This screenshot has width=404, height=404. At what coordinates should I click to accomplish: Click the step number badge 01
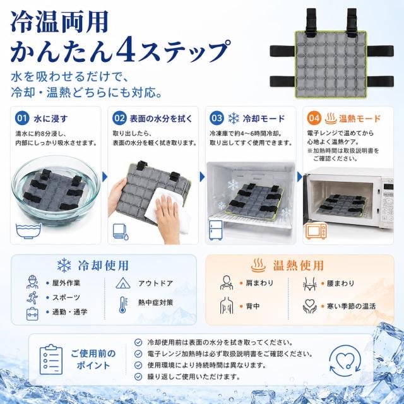point(22,118)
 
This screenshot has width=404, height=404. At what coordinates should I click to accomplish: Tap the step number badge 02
point(119,118)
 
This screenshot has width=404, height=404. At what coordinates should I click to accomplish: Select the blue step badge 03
point(217,118)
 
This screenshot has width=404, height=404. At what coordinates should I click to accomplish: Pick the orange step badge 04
point(314,118)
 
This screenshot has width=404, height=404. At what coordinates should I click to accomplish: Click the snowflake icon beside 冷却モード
point(234,118)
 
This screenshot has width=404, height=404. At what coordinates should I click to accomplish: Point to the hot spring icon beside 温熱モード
point(331,118)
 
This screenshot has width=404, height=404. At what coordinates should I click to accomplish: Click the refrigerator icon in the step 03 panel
point(216,230)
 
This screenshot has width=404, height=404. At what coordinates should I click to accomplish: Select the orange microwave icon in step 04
point(316,231)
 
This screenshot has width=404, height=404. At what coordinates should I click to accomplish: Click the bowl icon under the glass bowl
point(28,230)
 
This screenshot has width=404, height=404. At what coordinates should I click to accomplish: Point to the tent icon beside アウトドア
point(123,283)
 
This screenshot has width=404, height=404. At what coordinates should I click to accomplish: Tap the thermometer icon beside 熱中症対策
point(123,305)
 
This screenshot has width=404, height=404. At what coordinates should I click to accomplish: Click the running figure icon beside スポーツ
point(32,297)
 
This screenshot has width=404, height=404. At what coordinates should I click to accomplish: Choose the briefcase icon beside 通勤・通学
point(32,314)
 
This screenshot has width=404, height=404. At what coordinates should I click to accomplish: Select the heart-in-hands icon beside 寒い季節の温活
point(309,306)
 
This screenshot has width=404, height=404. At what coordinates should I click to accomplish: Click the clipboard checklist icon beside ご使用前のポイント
point(51,359)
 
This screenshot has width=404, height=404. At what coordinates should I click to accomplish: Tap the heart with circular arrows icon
point(345,360)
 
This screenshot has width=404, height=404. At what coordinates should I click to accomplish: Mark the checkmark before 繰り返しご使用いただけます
point(138,377)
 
